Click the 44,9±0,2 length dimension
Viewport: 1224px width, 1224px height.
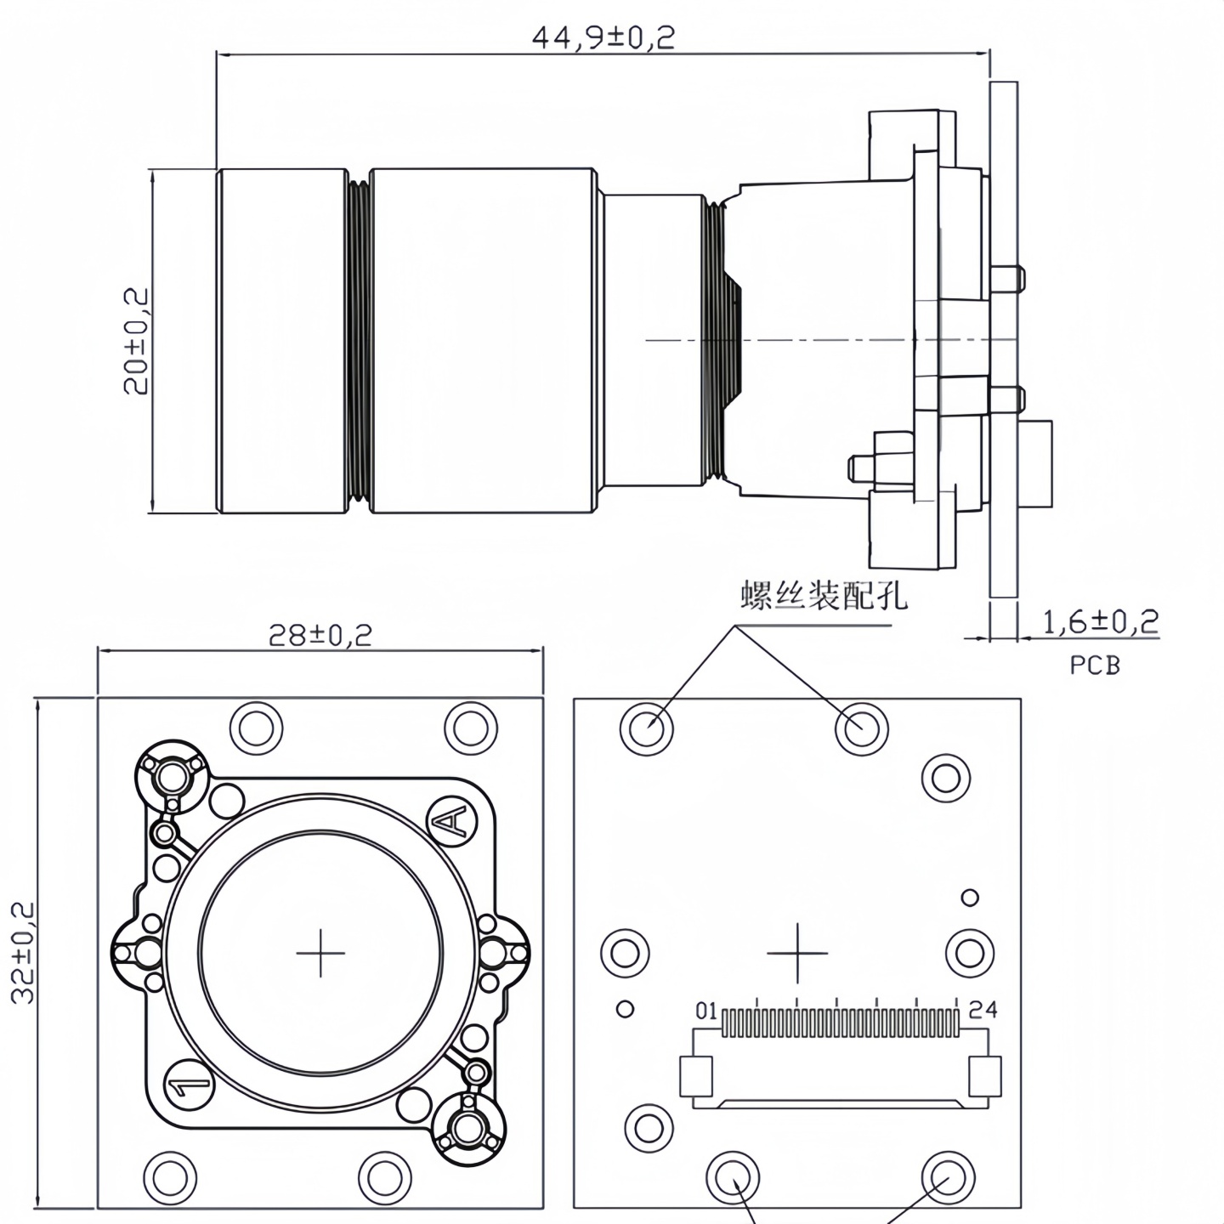click(603, 38)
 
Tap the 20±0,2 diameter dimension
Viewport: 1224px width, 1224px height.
click(136, 341)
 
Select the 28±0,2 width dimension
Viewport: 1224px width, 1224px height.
click(320, 635)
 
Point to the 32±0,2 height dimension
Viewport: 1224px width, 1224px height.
click(23, 952)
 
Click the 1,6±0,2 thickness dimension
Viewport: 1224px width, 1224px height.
click(1100, 622)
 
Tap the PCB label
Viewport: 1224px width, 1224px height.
click(1095, 665)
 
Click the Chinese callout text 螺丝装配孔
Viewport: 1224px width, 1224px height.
click(824, 595)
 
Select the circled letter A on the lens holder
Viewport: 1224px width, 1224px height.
click(451, 821)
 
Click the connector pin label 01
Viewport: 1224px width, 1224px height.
click(706, 1011)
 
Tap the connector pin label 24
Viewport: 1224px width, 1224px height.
click(983, 1010)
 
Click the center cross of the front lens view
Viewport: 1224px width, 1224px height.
click(320, 952)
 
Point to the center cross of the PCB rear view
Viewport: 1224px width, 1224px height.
click(797, 952)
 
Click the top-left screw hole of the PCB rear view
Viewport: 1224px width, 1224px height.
click(647, 728)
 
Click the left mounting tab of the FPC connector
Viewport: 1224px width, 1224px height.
click(695, 1076)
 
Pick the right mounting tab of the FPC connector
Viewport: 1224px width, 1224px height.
click(985, 1076)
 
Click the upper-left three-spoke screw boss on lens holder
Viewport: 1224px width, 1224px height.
click(173, 775)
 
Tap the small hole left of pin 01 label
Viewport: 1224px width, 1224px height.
click(625, 1009)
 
